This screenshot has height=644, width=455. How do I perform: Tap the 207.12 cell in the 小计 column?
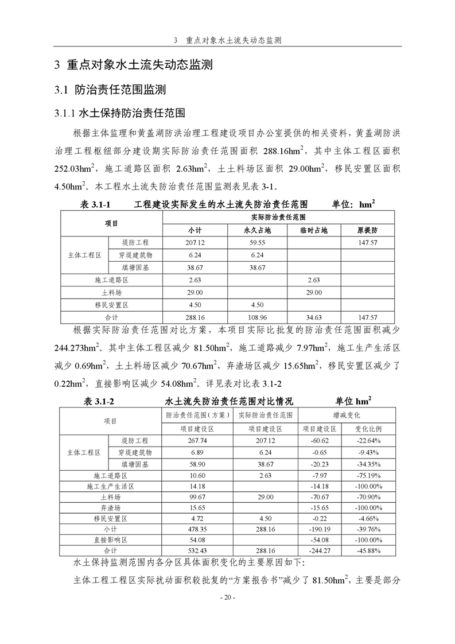point(195,243)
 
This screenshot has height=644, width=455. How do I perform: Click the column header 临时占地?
point(313,230)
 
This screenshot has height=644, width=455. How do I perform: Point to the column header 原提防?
point(367,230)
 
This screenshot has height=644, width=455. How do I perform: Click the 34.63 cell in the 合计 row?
point(313,317)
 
